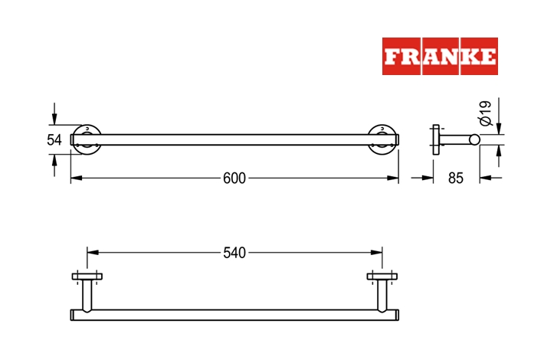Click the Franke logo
coord(440,56)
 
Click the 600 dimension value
coord(234,178)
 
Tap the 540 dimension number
coord(234,253)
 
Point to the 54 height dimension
coord(54,139)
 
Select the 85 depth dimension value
coord(456,178)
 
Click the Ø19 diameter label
coord(486,113)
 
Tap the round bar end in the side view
coord(474,139)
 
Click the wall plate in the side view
coord(436,139)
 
